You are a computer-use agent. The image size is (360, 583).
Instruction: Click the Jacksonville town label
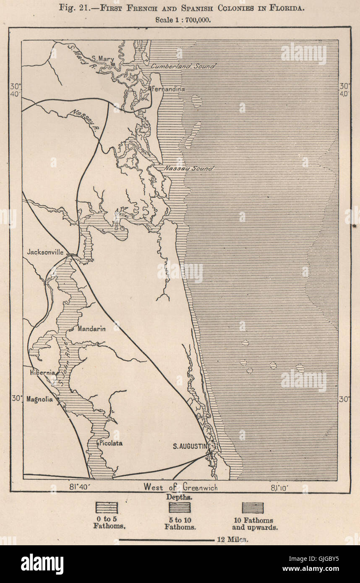(x=45, y=252)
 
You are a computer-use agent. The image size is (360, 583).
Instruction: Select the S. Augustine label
(x=192, y=446)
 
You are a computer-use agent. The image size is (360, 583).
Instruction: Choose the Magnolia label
(x=39, y=399)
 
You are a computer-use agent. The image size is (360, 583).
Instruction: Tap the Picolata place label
(x=111, y=443)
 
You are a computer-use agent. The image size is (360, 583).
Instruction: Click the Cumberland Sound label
(x=183, y=66)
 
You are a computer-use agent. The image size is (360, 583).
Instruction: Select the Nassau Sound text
(x=188, y=168)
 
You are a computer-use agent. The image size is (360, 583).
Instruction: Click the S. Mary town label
(x=102, y=59)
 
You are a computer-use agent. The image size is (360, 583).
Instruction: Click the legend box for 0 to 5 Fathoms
(x=107, y=508)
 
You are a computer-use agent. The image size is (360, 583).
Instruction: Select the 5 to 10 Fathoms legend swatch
(x=180, y=508)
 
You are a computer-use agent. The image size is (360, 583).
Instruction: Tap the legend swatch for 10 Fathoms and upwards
(x=253, y=508)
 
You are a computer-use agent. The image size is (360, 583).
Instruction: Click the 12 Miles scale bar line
(x=166, y=540)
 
